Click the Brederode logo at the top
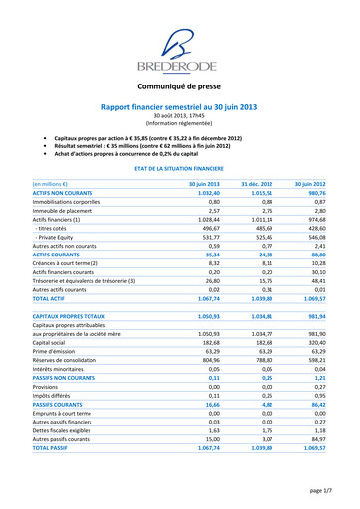[x=179, y=49]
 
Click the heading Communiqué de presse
[x=179, y=87]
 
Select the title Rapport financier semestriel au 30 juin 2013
[x=179, y=105]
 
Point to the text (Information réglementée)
[x=179, y=122]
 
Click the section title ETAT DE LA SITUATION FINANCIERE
[x=179, y=169]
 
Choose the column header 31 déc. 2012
[x=257, y=185]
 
